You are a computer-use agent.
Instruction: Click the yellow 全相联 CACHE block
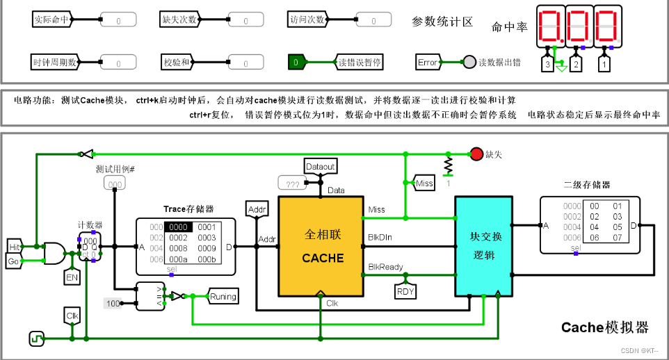coord(322,247)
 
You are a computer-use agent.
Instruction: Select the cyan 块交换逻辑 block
coord(483,246)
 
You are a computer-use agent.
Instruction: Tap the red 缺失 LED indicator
coord(476,154)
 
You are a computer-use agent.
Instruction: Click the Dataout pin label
coord(320,167)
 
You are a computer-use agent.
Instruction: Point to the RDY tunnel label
coord(405,291)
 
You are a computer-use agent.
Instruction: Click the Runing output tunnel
coord(223,297)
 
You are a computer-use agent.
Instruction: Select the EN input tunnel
coord(72,277)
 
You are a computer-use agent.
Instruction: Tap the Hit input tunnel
coord(14,247)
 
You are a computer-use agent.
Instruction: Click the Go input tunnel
coord(14,261)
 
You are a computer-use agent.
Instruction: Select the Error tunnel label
coord(428,63)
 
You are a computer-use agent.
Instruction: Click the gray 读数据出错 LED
coord(469,63)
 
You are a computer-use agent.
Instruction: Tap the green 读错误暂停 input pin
coord(296,63)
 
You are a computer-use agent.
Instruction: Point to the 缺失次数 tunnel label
coord(179,19)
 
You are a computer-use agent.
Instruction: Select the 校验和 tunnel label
coord(178,63)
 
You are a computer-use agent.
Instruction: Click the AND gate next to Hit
coord(53,253)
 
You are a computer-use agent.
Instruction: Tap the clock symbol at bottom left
coord(36,338)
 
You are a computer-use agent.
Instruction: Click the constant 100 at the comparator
coord(113,303)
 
